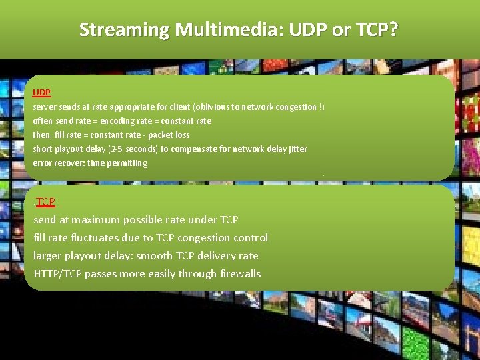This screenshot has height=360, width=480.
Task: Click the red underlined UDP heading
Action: pos(42,92)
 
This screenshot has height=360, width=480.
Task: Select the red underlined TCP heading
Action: pos(46,201)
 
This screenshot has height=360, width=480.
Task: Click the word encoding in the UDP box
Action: pos(120,121)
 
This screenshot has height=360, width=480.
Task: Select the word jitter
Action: pos(297,149)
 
